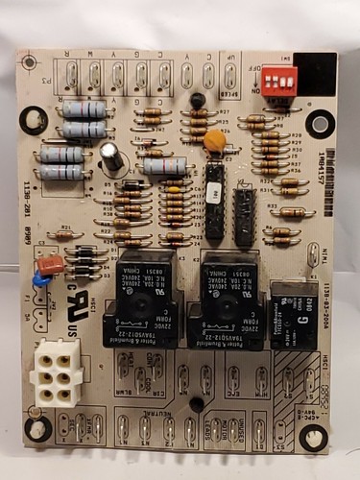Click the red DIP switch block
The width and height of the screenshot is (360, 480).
[x=279, y=79]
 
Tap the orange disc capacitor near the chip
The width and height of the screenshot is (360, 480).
[x=215, y=140]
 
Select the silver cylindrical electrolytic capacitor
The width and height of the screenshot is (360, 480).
[x=112, y=158]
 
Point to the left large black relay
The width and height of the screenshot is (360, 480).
[x=142, y=286]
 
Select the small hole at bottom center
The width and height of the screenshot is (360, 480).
[x=197, y=404]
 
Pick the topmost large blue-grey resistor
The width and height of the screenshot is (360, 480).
[x=84, y=109]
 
